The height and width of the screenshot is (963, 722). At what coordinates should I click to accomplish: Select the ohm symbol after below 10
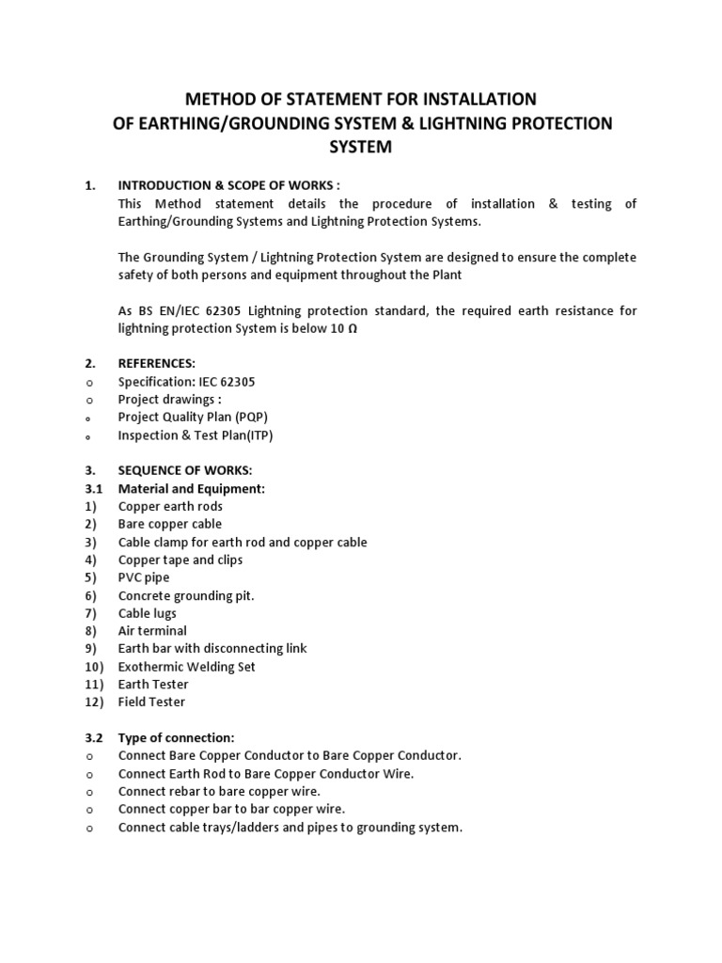tap(353, 329)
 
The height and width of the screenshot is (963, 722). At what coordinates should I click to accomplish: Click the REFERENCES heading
tap(157, 363)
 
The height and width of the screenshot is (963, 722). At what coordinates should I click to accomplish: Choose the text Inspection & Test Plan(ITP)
tap(196, 434)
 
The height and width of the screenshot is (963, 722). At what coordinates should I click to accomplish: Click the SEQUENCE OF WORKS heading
tap(185, 470)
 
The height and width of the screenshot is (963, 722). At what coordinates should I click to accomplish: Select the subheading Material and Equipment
tap(192, 488)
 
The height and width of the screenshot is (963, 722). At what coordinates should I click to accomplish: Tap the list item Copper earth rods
tap(170, 506)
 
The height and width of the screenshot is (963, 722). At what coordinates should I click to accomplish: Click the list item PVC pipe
tap(144, 577)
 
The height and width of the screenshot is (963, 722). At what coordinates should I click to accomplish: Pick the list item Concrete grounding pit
tap(186, 595)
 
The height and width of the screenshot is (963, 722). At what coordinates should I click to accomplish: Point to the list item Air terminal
tap(152, 631)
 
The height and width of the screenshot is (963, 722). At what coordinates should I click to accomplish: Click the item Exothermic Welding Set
tap(187, 667)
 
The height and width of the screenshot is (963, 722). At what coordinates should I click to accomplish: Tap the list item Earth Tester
tap(153, 685)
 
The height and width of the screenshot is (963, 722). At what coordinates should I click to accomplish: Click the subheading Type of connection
tap(176, 738)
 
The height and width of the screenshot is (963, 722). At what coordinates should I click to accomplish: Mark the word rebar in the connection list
tap(183, 792)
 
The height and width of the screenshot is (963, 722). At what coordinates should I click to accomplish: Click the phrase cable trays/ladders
tap(213, 828)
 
